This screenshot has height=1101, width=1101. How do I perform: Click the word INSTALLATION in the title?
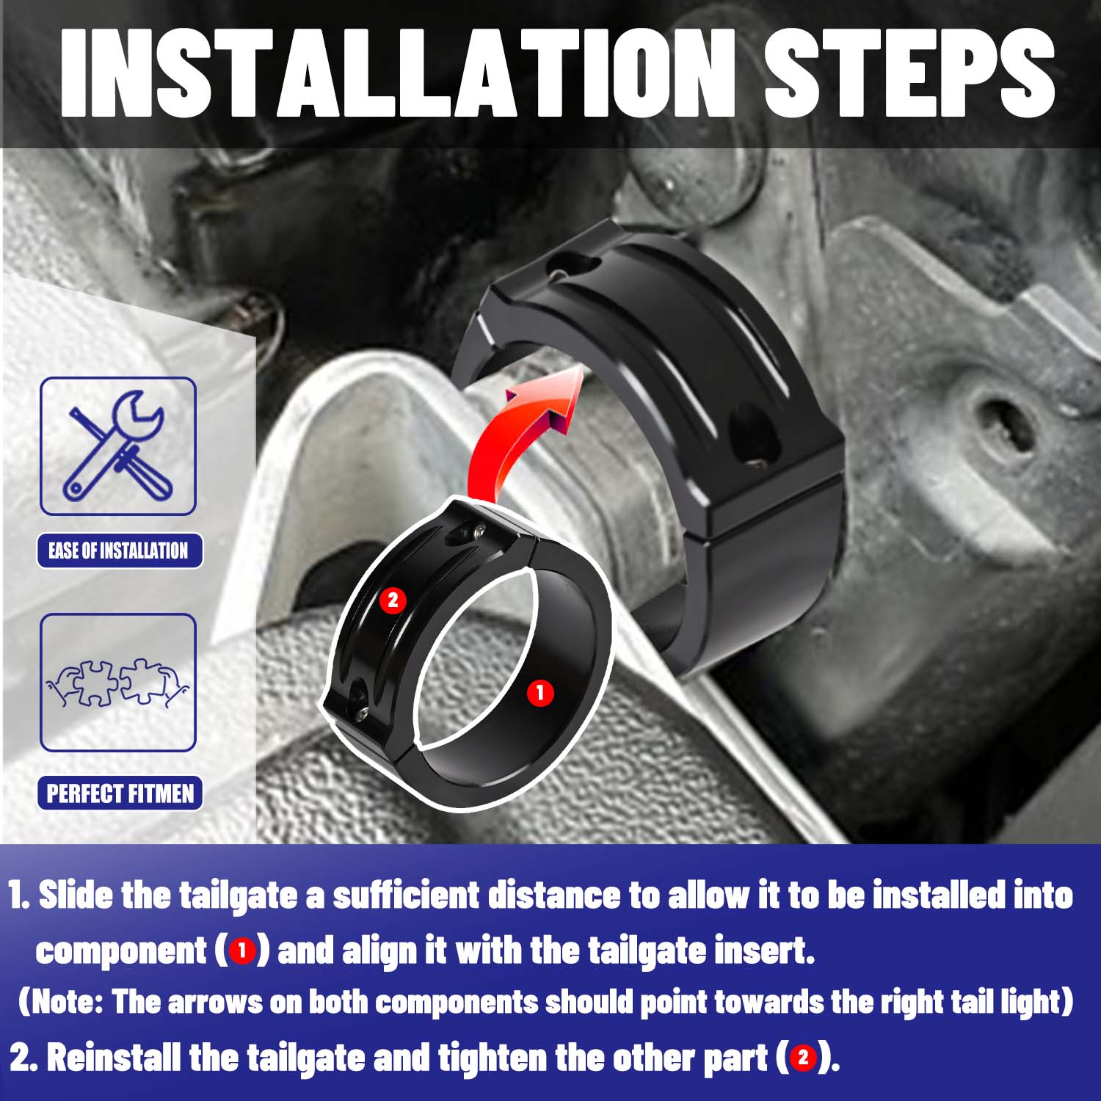point(397,73)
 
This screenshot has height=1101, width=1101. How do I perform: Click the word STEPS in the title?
point(909,73)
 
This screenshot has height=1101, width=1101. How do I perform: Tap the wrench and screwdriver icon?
point(118,446)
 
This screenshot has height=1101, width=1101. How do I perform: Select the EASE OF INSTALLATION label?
point(119,550)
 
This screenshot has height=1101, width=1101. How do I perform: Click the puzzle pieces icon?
point(118,682)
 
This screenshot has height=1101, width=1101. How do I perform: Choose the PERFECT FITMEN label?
point(120,793)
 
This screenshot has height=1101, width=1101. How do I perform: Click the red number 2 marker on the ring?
point(393,600)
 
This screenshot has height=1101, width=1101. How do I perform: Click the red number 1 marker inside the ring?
point(541,692)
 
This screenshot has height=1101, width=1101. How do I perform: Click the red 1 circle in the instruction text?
point(242,952)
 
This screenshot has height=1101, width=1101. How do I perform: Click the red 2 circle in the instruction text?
point(803,1058)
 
